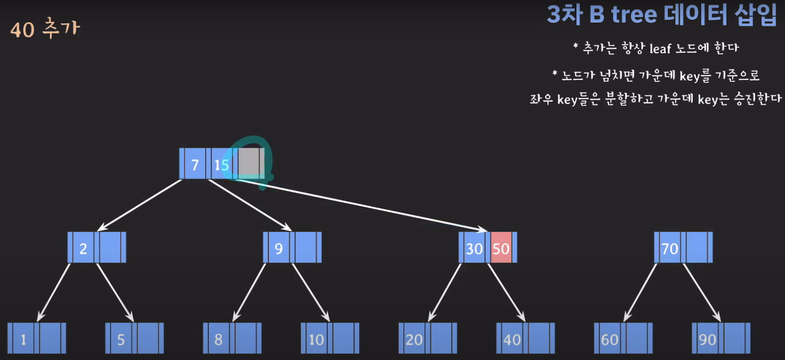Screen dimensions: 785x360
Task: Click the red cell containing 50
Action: point(501,248)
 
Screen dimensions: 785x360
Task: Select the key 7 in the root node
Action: point(195,164)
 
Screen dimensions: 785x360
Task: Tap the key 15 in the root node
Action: point(221,164)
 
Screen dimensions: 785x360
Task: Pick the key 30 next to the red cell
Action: point(474,248)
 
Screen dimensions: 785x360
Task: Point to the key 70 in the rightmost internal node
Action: point(670,248)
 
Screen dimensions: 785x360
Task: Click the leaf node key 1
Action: point(23,339)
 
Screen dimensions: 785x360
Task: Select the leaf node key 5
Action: point(121,339)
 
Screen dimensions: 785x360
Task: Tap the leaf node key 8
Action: point(219,339)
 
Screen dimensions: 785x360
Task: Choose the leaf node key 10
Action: point(316,339)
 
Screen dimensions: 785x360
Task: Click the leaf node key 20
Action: point(414,339)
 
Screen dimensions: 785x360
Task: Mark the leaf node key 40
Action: point(512,339)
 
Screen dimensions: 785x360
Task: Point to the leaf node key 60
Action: point(610,339)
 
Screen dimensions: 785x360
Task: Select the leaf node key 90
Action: point(708,339)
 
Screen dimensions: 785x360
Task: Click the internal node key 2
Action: point(83,248)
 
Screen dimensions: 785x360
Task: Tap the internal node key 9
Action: point(278,248)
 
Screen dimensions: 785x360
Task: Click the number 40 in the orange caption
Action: point(22,30)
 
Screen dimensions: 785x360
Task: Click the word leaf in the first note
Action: point(660,48)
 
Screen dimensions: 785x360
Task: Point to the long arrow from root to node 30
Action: point(366,205)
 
